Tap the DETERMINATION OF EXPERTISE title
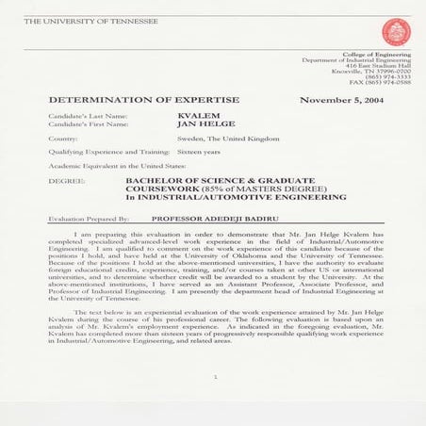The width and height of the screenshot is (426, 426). (x=143, y=99)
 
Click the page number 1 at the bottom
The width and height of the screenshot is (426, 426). (x=215, y=376)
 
